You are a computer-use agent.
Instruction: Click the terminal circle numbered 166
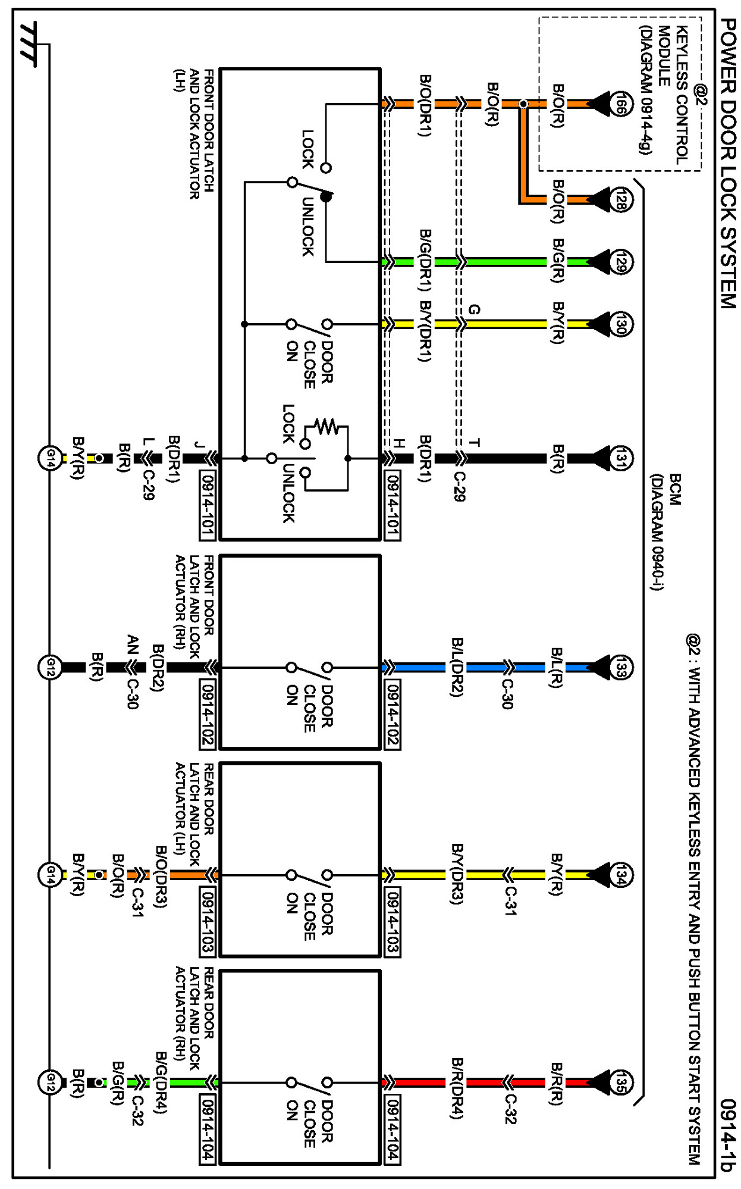[620, 104]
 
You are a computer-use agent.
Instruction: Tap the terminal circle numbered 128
[620, 199]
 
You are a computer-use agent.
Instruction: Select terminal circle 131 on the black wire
[620, 458]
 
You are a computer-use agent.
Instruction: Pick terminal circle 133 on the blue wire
[620, 667]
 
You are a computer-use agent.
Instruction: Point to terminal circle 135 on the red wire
[620, 1082]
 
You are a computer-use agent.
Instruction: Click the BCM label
[676, 489]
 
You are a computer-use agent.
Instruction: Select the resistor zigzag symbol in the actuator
[326, 426]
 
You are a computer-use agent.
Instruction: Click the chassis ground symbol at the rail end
[28, 45]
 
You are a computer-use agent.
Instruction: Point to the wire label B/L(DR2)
[457, 667]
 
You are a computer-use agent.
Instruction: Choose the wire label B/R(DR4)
[457, 1088]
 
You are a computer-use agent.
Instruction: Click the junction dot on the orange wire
[523, 104]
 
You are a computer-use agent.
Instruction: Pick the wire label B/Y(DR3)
[457, 874]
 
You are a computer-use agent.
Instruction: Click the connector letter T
[474, 442]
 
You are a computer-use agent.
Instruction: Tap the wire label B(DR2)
[158, 668]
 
